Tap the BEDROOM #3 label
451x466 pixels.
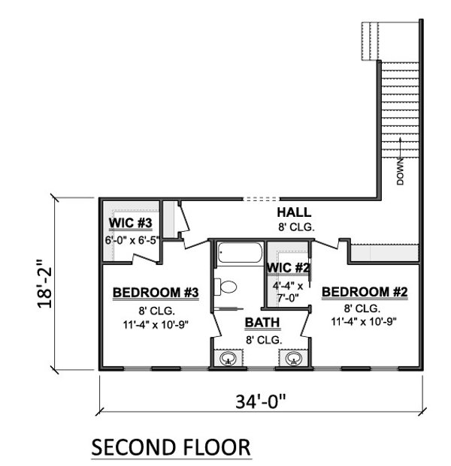coord(156,292)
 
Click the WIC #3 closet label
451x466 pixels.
coord(131,224)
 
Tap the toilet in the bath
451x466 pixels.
coord(226,286)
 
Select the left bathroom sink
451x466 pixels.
coord(229,359)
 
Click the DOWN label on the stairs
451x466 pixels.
coord(401,171)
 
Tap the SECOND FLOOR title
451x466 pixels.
coord(171,448)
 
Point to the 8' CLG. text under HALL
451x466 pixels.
coord(295,226)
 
